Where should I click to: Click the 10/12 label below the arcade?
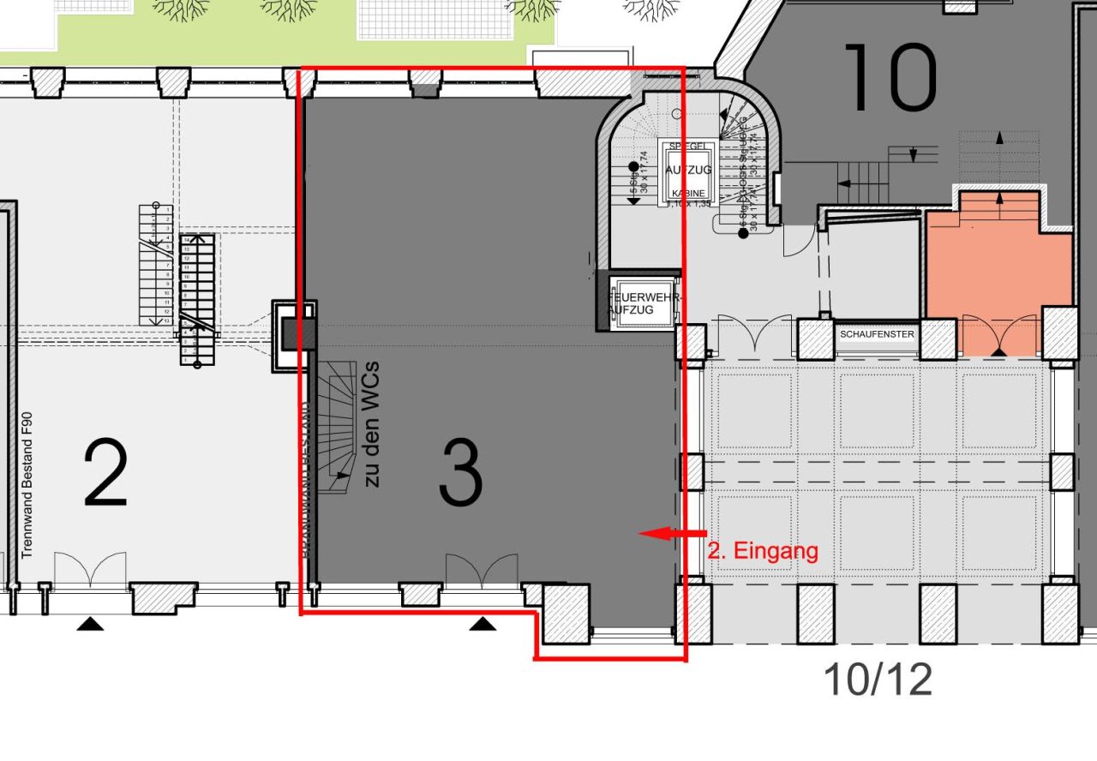[x=877, y=680]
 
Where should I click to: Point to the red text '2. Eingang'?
[x=763, y=550]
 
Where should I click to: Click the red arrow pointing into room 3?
[x=672, y=533]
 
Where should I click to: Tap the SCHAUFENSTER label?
[x=877, y=334]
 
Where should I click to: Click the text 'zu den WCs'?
[x=372, y=424]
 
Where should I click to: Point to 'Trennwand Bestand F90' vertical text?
[x=27, y=484]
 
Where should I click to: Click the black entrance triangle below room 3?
[x=483, y=623]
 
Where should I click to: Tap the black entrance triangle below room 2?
[x=90, y=624]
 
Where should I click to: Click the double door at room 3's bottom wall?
[x=481, y=571]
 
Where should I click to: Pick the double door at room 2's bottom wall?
[x=90, y=570]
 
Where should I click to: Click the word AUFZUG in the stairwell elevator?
[x=688, y=170]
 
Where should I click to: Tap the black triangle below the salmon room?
[x=999, y=351]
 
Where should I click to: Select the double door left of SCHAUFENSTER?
[x=754, y=334]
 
